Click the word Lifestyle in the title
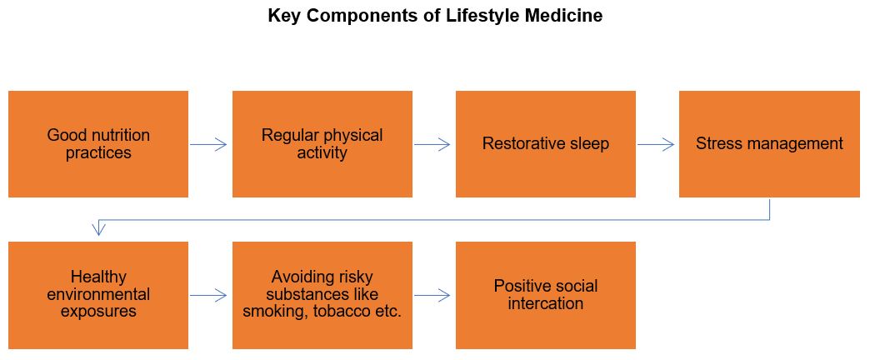coord(482,16)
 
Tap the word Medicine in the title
coord(563,15)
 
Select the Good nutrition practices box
coord(98,144)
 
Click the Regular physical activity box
coord(322,144)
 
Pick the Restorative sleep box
coord(546,144)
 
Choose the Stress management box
coord(769,144)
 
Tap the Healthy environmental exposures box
coord(98,295)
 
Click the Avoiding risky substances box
coord(322,295)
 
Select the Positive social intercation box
coord(546,295)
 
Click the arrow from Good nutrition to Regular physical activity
coord(208,145)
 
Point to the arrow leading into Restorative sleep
coord(432,145)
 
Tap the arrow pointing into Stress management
coord(656,145)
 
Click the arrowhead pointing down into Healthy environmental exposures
coord(98,228)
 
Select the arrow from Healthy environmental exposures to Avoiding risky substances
coord(208,296)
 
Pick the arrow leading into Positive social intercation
coord(432,296)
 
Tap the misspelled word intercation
coord(545,303)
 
